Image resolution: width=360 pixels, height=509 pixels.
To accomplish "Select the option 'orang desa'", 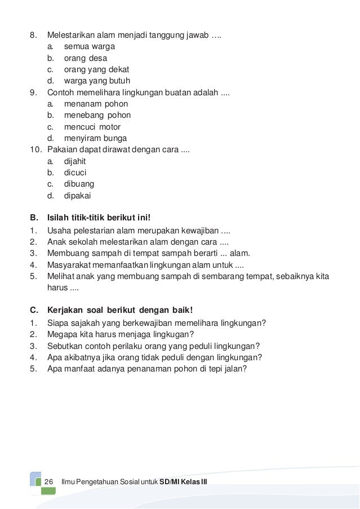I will pyautogui.click(x=85, y=58).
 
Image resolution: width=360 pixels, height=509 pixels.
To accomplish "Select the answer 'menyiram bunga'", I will pyautogui.click(x=95, y=139).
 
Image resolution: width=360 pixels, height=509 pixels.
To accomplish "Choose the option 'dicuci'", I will pyautogui.click(x=75, y=173).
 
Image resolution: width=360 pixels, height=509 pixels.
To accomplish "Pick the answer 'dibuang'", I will pyautogui.click(x=79, y=184).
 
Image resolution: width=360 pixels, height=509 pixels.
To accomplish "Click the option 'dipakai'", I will pyautogui.click(x=77, y=196).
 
